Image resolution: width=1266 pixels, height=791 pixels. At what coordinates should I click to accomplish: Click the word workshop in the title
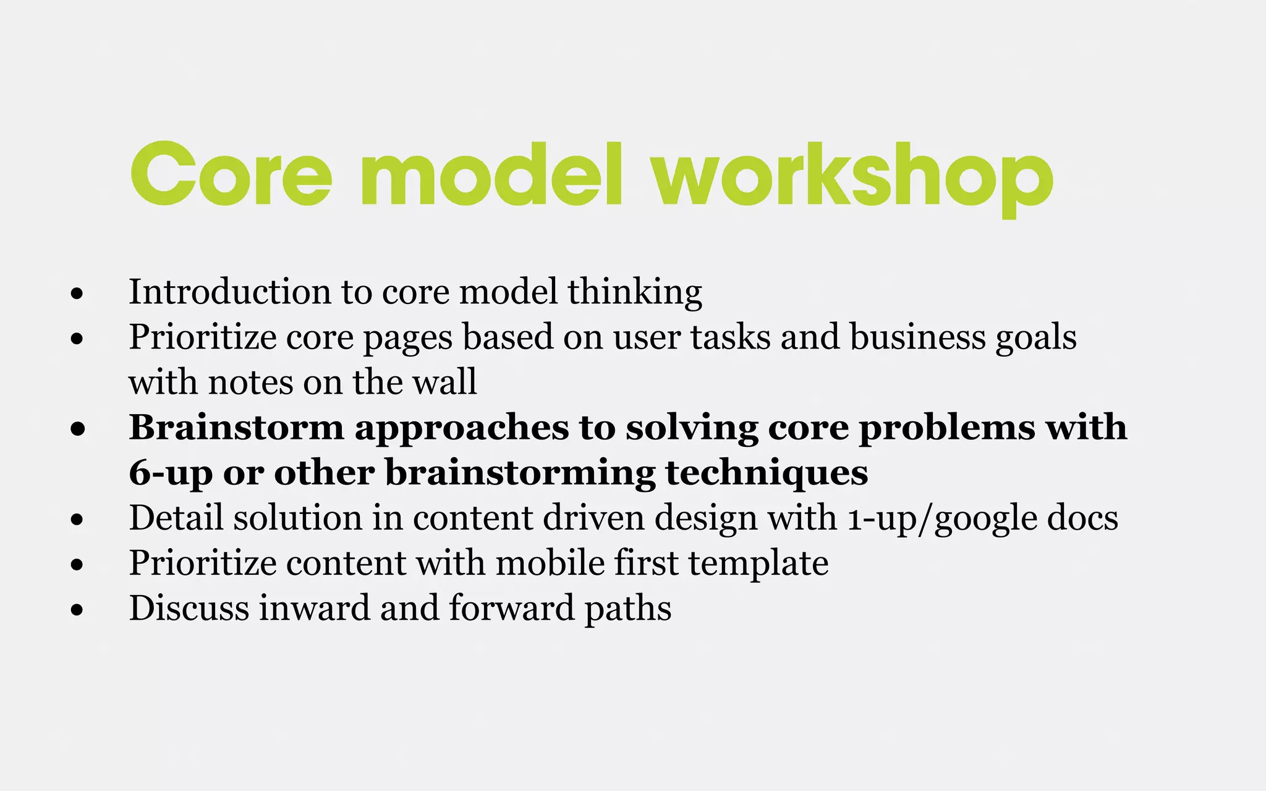[x=853, y=176]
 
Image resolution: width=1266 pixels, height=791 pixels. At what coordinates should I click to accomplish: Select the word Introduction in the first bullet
[x=229, y=292]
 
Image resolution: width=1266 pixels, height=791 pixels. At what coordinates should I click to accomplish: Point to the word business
[x=917, y=337]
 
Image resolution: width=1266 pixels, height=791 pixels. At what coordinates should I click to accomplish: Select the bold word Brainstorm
[x=236, y=428]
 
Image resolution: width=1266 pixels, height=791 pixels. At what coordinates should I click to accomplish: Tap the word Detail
[x=176, y=518]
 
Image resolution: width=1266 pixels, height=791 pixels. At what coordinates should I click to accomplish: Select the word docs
[x=1082, y=518]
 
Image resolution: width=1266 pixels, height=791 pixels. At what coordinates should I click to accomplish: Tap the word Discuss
[x=189, y=608]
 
